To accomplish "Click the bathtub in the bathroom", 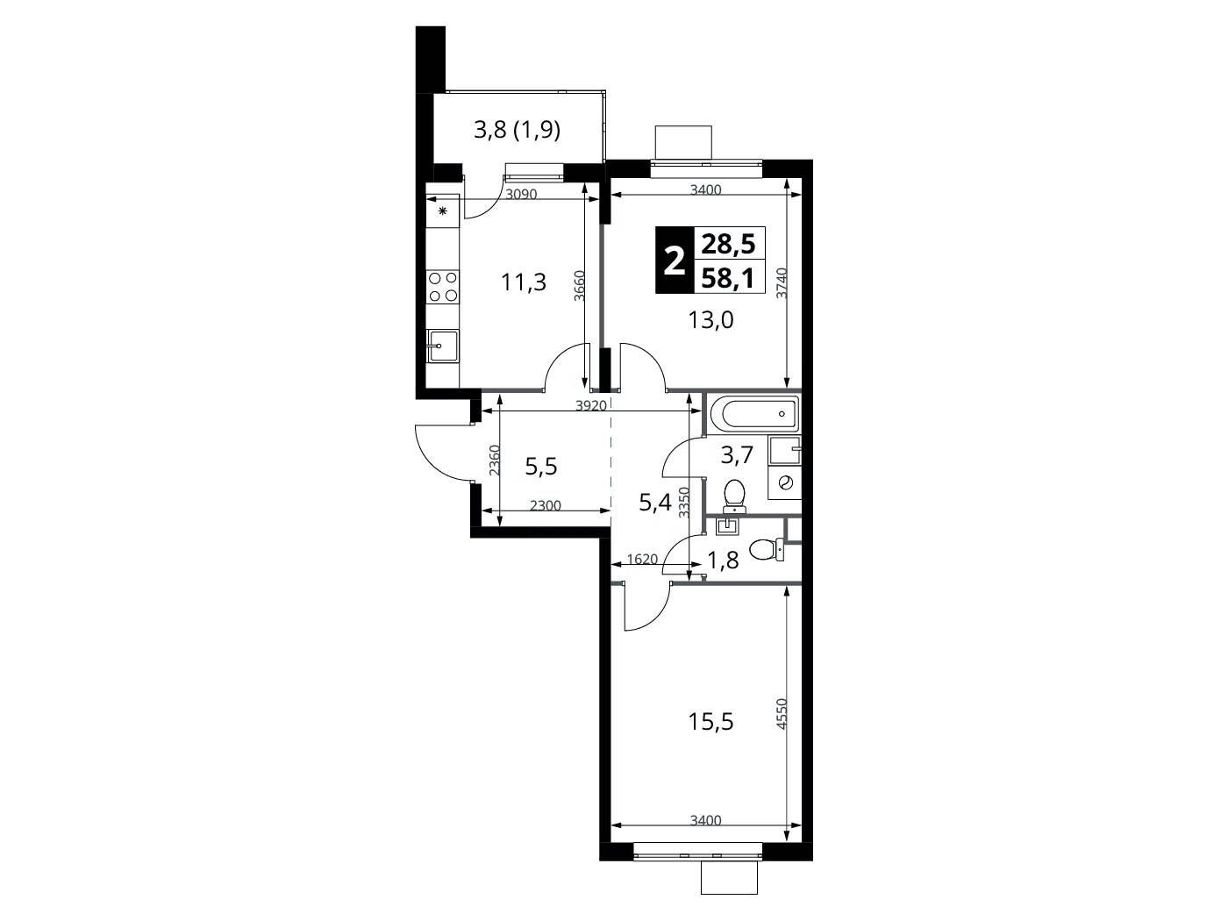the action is [x=753, y=414].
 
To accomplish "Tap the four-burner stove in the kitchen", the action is [x=443, y=286].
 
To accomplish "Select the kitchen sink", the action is [x=443, y=346].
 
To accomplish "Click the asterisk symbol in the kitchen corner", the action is [x=443, y=211].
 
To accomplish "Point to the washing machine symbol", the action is [x=785, y=482].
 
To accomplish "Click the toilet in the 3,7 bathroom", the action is [x=733, y=496].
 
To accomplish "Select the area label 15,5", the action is [x=710, y=722].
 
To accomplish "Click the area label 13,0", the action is [x=710, y=320].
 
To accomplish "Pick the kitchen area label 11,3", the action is [x=523, y=282].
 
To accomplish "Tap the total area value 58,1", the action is [x=728, y=277].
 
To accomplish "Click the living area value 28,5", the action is [x=728, y=245].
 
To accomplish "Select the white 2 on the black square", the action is [x=675, y=261].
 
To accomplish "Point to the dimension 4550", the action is [x=782, y=713].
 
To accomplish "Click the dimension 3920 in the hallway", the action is [x=591, y=406].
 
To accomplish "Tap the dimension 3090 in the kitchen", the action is [x=521, y=194].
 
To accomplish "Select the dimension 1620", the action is [x=642, y=559].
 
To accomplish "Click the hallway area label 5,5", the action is [x=541, y=465].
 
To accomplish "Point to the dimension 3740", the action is [x=782, y=283].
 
